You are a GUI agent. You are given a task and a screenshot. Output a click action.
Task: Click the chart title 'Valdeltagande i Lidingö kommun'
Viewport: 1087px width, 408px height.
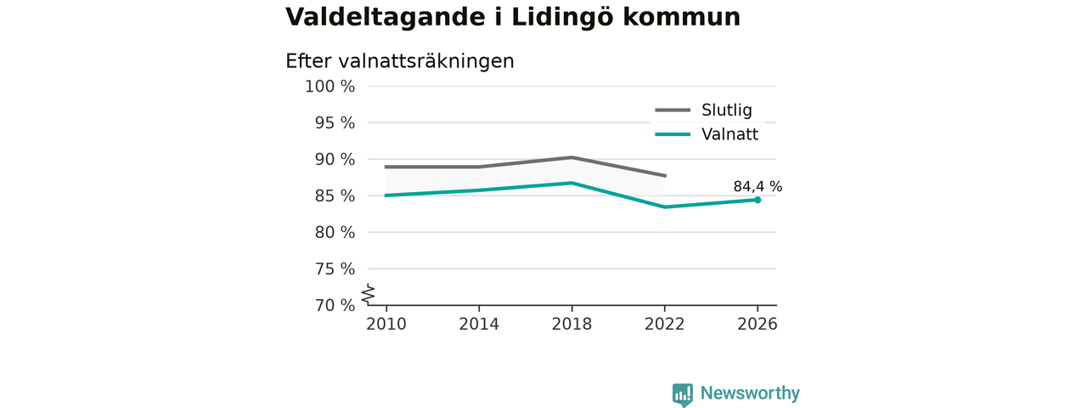click(x=513, y=18)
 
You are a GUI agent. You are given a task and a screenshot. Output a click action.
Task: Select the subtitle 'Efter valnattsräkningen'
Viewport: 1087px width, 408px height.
click(x=400, y=62)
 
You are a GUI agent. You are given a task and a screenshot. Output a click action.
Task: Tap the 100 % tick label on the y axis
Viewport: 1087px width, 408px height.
click(x=330, y=87)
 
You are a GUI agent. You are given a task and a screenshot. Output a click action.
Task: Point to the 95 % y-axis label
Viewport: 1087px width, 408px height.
click(x=335, y=123)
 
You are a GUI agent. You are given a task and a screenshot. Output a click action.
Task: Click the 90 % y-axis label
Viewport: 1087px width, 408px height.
click(x=335, y=159)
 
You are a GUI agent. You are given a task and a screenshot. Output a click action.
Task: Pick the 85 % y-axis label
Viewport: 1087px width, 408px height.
click(x=335, y=195)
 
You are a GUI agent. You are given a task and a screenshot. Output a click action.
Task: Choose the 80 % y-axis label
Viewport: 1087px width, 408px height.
click(x=335, y=232)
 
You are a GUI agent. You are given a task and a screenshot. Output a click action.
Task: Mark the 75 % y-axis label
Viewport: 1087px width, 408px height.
click(x=335, y=269)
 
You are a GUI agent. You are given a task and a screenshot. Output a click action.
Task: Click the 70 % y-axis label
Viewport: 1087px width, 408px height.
click(x=335, y=305)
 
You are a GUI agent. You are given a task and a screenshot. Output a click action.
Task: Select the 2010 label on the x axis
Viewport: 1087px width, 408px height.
click(x=386, y=324)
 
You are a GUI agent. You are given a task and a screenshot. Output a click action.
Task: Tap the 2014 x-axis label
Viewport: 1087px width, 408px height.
click(x=479, y=324)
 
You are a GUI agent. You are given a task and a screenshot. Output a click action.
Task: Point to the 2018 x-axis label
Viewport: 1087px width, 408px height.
click(x=572, y=324)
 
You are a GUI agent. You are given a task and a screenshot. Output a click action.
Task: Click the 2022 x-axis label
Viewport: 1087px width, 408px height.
click(x=664, y=324)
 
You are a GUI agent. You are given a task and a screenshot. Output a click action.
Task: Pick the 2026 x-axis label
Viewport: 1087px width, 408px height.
click(x=757, y=324)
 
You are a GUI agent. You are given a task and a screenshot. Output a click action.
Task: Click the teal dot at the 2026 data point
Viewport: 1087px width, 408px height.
click(x=758, y=200)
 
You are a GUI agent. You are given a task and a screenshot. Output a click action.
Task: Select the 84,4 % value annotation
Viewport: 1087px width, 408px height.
click(x=758, y=186)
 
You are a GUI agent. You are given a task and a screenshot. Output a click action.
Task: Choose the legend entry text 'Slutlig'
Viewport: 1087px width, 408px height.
click(x=726, y=110)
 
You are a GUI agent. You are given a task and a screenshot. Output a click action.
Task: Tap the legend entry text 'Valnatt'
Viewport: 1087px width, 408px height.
click(x=729, y=134)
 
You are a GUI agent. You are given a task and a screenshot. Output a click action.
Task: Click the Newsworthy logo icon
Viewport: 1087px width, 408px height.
click(x=682, y=394)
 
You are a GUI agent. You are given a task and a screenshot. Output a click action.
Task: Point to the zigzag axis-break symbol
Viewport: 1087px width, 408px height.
click(x=369, y=294)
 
